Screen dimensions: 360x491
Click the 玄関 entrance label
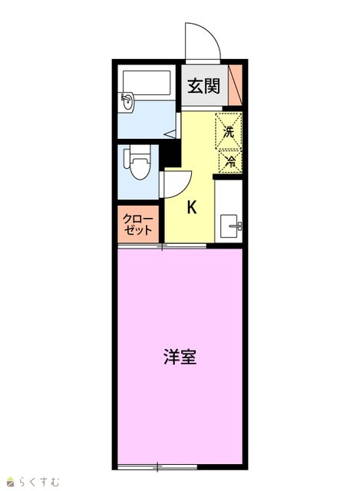203,86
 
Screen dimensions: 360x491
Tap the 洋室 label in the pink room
180,357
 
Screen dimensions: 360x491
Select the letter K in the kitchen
191,207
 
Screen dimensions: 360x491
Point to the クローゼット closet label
138,224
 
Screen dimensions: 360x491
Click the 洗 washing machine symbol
229,131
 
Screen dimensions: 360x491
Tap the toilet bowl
140,167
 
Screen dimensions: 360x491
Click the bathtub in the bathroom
147,83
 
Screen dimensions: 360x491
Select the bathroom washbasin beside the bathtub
127,102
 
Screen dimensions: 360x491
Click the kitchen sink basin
230,226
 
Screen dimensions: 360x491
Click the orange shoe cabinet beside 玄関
235,85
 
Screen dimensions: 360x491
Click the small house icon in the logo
12,482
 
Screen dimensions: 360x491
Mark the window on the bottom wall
157,467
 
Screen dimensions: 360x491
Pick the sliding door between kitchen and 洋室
162,246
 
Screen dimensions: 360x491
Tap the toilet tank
127,158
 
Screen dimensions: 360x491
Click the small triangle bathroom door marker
171,134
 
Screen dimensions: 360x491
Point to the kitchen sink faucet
236,226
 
